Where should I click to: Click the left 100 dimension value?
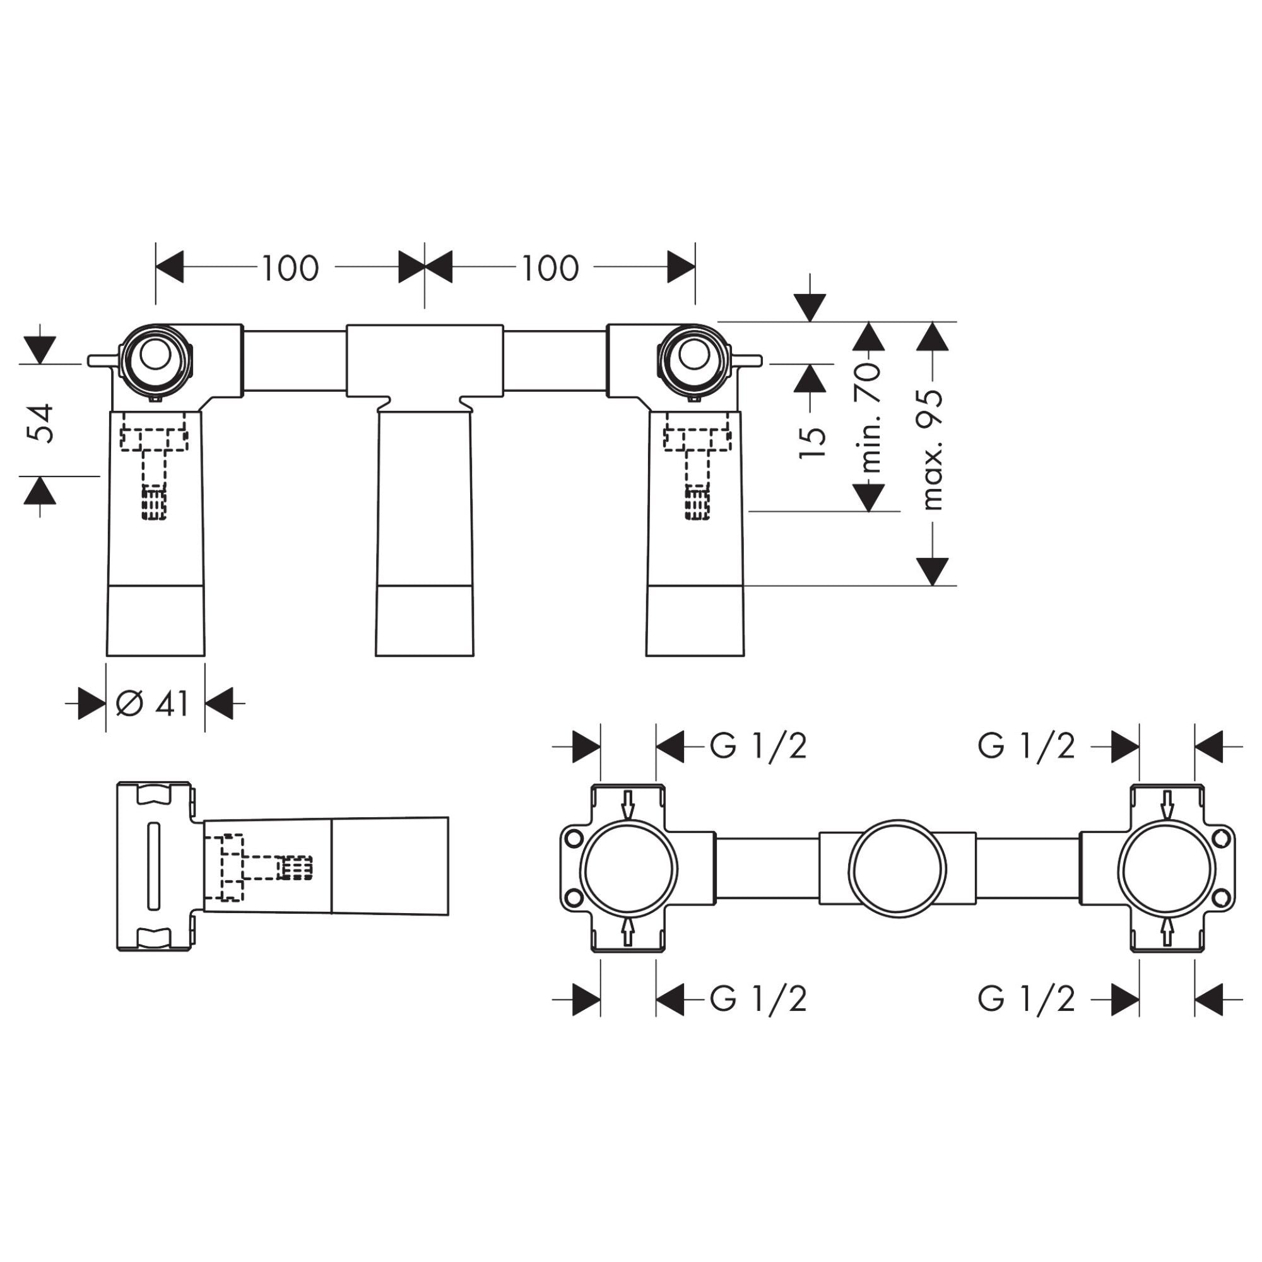290,268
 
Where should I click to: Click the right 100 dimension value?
550,268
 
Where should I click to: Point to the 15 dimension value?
813,442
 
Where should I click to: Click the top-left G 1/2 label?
758,746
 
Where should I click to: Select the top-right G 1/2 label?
1025,746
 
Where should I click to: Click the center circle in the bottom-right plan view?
897,869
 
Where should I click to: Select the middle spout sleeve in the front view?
425,522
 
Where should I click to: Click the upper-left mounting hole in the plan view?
574,839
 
